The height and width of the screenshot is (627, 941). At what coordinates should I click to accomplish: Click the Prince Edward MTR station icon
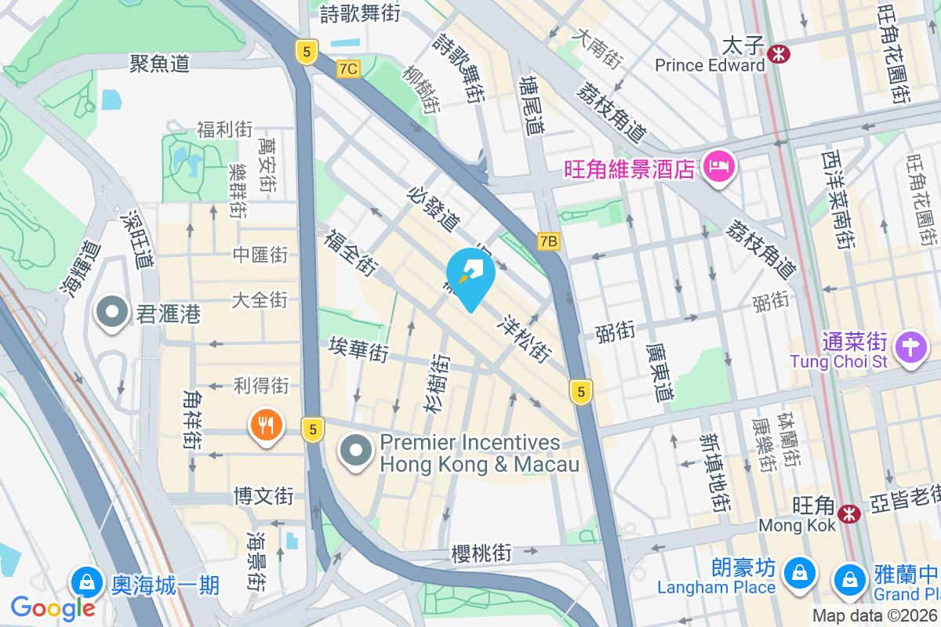[779, 53]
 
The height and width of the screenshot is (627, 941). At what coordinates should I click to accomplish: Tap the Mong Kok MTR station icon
[847, 513]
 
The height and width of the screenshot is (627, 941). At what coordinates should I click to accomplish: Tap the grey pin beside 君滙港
[112, 312]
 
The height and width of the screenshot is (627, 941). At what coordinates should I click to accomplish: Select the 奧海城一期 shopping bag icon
[87, 582]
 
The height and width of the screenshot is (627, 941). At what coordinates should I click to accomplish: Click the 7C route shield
[348, 69]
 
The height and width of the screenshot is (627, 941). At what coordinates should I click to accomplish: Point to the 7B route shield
[548, 241]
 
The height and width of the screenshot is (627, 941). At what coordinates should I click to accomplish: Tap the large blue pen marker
[470, 274]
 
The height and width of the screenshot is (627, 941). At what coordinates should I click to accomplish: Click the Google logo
[53, 608]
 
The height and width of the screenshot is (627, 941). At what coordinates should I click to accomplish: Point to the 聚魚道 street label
[160, 63]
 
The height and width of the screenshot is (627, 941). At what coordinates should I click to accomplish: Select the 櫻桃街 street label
[481, 553]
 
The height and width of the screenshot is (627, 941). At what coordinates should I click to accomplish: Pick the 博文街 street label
[263, 495]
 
